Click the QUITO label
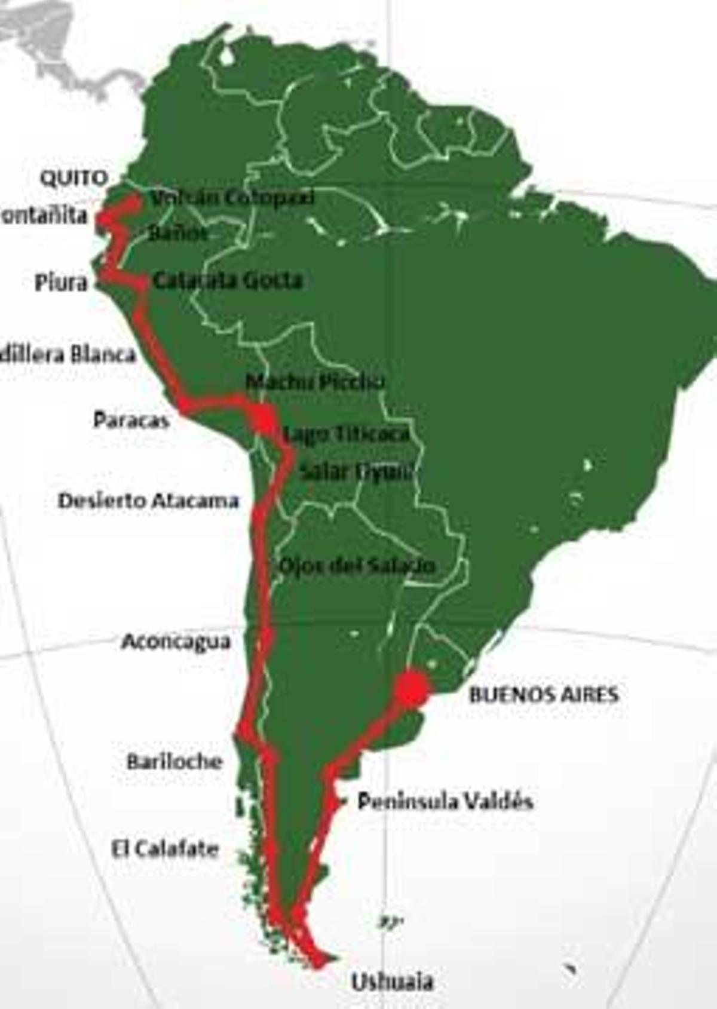[x=73, y=178]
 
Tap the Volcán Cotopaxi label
[x=232, y=198]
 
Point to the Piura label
[x=61, y=282]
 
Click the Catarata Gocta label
[x=228, y=280]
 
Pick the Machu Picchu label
[x=315, y=381]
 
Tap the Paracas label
[x=131, y=420]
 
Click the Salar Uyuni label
[x=356, y=471]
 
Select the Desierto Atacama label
[x=148, y=500]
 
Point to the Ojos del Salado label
[x=357, y=565]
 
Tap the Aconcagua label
[x=176, y=642]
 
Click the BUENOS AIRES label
[x=544, y=694]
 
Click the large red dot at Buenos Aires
[x=412, y=689]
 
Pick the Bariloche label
[x=174, y=761]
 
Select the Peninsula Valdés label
[x=445, y=801]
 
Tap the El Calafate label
[x=165, y=848]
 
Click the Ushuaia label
[x=392, y=982]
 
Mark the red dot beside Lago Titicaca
[x=263, y=418]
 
